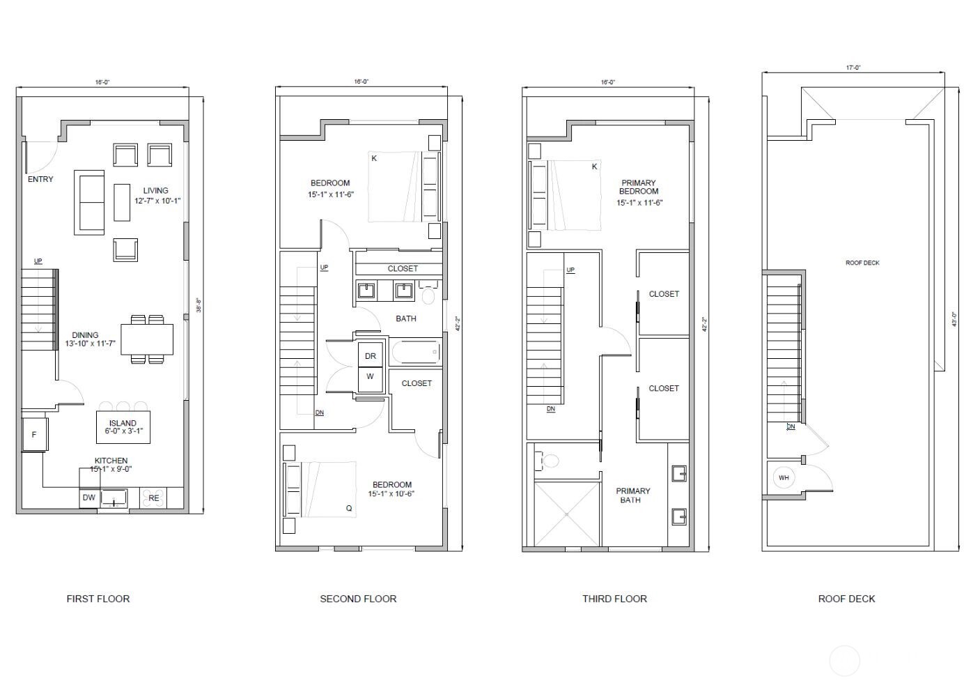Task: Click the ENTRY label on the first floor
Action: click(x=40, y=179)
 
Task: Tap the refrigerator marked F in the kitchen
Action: click(x=34, y=435)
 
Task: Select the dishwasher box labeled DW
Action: click(x=88, y=498)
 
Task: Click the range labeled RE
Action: click(x=153, y=498)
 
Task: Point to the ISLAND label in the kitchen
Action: click(x=123, y=423)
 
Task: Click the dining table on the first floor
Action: click(x=147, y=339)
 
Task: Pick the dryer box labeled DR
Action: click(x=370, y=356)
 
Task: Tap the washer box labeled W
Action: click(x=370, y=377)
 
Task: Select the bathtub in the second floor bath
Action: click(x=416, y=352)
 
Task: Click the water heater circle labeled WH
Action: click(x=784, y=477)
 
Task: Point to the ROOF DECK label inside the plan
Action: click(x=862, y=263)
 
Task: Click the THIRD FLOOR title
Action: click(x=614, y=599)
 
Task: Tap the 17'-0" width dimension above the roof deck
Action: click(x=853, y=68)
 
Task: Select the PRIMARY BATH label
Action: click(x=633, y=495)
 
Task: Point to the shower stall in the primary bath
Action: click(x=567, y=514)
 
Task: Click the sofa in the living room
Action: click(x=89, y=203)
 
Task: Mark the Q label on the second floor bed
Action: click(x=349, y=508)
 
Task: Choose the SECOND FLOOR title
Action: click(x=358, y=599)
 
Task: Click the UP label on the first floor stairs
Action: click(x=38, y=261)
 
